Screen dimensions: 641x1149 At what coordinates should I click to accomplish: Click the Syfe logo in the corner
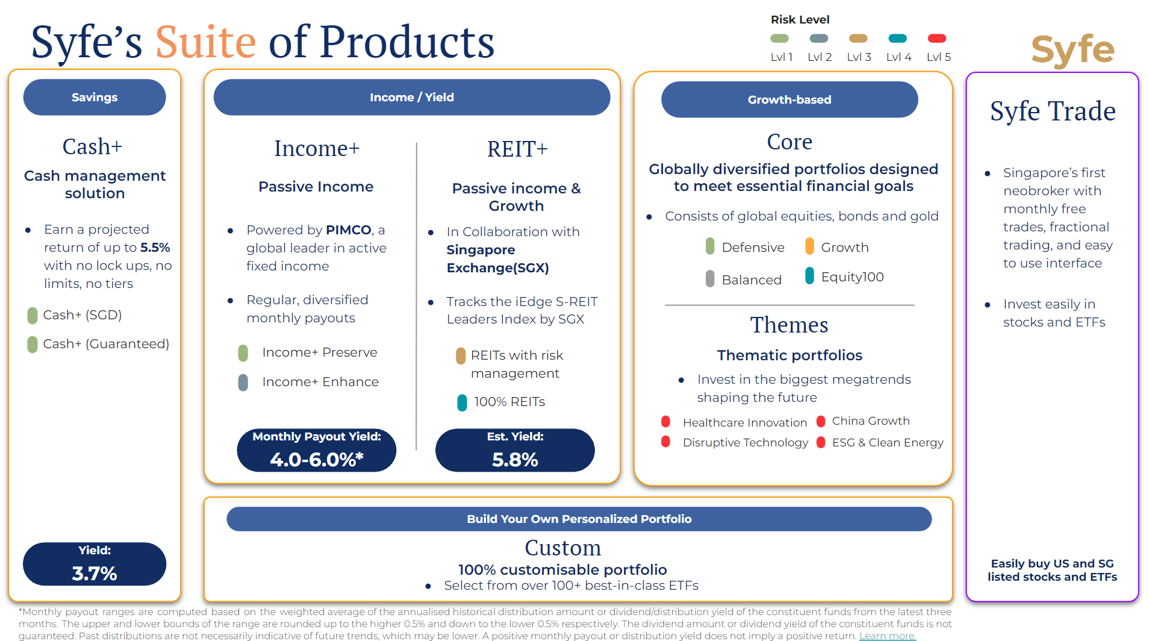tap(1073, 49)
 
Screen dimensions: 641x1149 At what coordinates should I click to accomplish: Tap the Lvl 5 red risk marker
tap(937, 39)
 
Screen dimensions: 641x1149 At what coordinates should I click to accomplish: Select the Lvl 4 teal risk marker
tap(897, 39)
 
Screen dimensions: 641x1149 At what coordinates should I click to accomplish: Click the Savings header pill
tap(95, 98)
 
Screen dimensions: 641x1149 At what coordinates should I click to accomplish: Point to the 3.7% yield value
tap(95, 573)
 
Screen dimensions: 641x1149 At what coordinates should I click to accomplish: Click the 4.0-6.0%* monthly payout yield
tap(316, 460)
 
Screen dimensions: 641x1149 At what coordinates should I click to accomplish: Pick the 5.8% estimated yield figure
tap(515, 460)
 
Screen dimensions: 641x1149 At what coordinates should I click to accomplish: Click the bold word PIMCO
tap(348, 230)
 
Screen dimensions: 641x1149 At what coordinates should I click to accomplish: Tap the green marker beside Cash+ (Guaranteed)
tap(33, 345)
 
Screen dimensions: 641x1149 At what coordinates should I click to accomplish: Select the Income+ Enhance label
tap(320, 382)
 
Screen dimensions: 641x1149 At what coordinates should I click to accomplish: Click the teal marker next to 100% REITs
tap(462, 402)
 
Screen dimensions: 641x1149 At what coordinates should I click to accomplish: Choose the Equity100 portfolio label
tap(852, 277)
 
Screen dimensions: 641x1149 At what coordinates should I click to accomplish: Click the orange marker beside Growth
tap(809, 246)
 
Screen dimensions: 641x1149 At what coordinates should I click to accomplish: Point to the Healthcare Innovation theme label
tap(744, 423)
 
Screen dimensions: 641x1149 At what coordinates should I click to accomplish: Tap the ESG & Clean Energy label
tap(888, 443)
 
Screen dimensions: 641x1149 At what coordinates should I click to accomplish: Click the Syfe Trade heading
tap(1053, 111)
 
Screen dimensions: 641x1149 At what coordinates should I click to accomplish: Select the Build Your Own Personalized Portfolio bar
tap(579, 519)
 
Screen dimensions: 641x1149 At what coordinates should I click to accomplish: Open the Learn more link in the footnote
tap(887, 636)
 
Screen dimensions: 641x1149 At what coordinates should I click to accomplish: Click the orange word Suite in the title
tap(206, 42)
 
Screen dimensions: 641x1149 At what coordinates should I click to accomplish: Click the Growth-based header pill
tap(789, 100)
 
